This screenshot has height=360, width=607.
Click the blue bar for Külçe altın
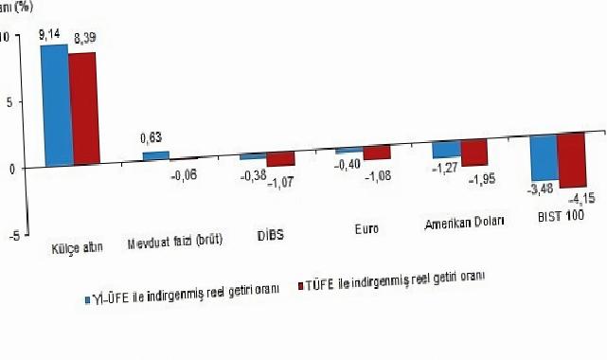point(54,103)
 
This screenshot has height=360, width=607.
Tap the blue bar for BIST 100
point(543,155)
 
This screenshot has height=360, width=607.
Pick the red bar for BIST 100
point(571,159)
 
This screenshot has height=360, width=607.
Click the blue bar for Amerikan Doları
point(445,149)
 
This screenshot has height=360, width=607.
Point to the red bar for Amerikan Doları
point(473,152)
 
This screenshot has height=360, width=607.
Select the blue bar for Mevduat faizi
point(155,155)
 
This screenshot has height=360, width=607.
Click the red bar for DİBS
point(280,158)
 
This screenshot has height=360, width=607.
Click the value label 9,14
point(51,35)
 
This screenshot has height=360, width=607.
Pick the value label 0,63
point(152,143)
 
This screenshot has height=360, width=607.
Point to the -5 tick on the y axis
point(12,235)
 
